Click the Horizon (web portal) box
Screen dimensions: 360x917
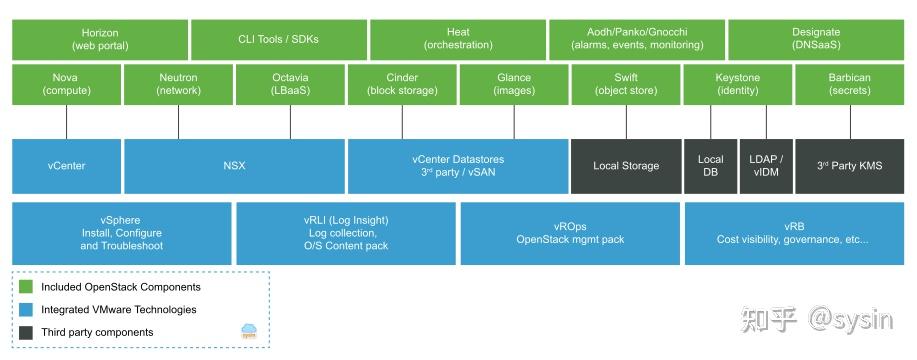[x=99, y=39]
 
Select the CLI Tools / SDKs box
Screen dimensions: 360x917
[x=278, y=39]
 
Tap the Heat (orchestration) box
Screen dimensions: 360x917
[x=457, y=39]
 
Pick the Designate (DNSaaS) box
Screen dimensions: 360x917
[x=815, y=39]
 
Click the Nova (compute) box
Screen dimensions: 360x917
[x=66, y=84]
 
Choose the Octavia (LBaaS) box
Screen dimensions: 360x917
[x=290, y=84]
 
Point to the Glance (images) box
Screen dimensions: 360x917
[x=514, y=84]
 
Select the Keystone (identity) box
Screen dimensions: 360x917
[x=737, y=84]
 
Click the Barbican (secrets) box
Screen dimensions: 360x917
[x=849, y=84]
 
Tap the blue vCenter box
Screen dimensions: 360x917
[x=66, y=166]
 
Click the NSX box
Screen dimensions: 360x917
[x=234, y=166]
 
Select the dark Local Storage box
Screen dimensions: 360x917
[x=626, y=166]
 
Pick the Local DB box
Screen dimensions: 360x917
[x=710, y=166]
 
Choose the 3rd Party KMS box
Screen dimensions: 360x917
[x=849, y=166]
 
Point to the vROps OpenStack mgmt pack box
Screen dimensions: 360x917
[x=570, y=233]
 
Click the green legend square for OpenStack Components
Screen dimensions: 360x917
[x=26, y=287]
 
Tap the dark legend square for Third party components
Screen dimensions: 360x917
[x=26, y=332]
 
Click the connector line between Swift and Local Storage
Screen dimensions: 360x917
[x=626, y=122]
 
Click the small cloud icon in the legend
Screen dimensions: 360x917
[x=249, y=331]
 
